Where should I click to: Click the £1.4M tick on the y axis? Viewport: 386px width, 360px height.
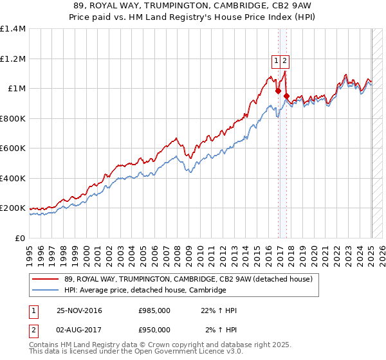click(13, 29)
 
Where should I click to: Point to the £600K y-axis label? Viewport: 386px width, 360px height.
click(13, 148)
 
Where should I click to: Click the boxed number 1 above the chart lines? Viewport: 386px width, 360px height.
click(276, 61)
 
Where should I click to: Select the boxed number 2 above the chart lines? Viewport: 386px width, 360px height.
click(284, 61)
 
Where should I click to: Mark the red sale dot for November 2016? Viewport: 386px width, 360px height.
click(278, 91)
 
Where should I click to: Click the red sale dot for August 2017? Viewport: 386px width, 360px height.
click(286, 96)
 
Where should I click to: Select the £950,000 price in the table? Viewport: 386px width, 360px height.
click(154, 330)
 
